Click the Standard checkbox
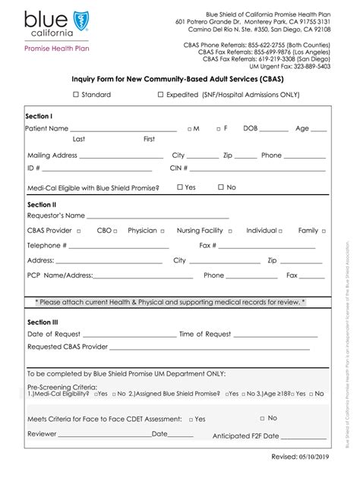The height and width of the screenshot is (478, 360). click(x=76, y=95)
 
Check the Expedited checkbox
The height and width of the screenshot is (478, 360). click(x=160, y=95)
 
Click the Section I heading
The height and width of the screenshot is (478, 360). click(x=39, y=116)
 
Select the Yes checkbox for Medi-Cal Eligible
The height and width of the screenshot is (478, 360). click(x=180, y=187)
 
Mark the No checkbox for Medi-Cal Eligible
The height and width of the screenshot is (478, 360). click(x=221, y=187)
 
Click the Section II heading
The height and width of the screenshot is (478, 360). click(x=41, y=205)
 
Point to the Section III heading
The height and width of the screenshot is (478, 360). click(x=43, y=322)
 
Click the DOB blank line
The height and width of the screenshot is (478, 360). click(x=273, y=131)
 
